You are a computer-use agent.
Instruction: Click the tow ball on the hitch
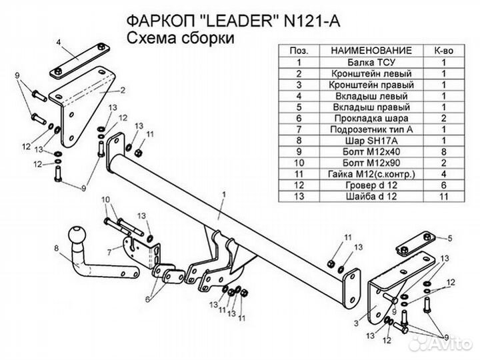[x=78, y=235]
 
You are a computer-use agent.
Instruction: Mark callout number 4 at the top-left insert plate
[x=59, y=41]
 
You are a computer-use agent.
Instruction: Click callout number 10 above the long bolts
[x=105, y=199]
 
